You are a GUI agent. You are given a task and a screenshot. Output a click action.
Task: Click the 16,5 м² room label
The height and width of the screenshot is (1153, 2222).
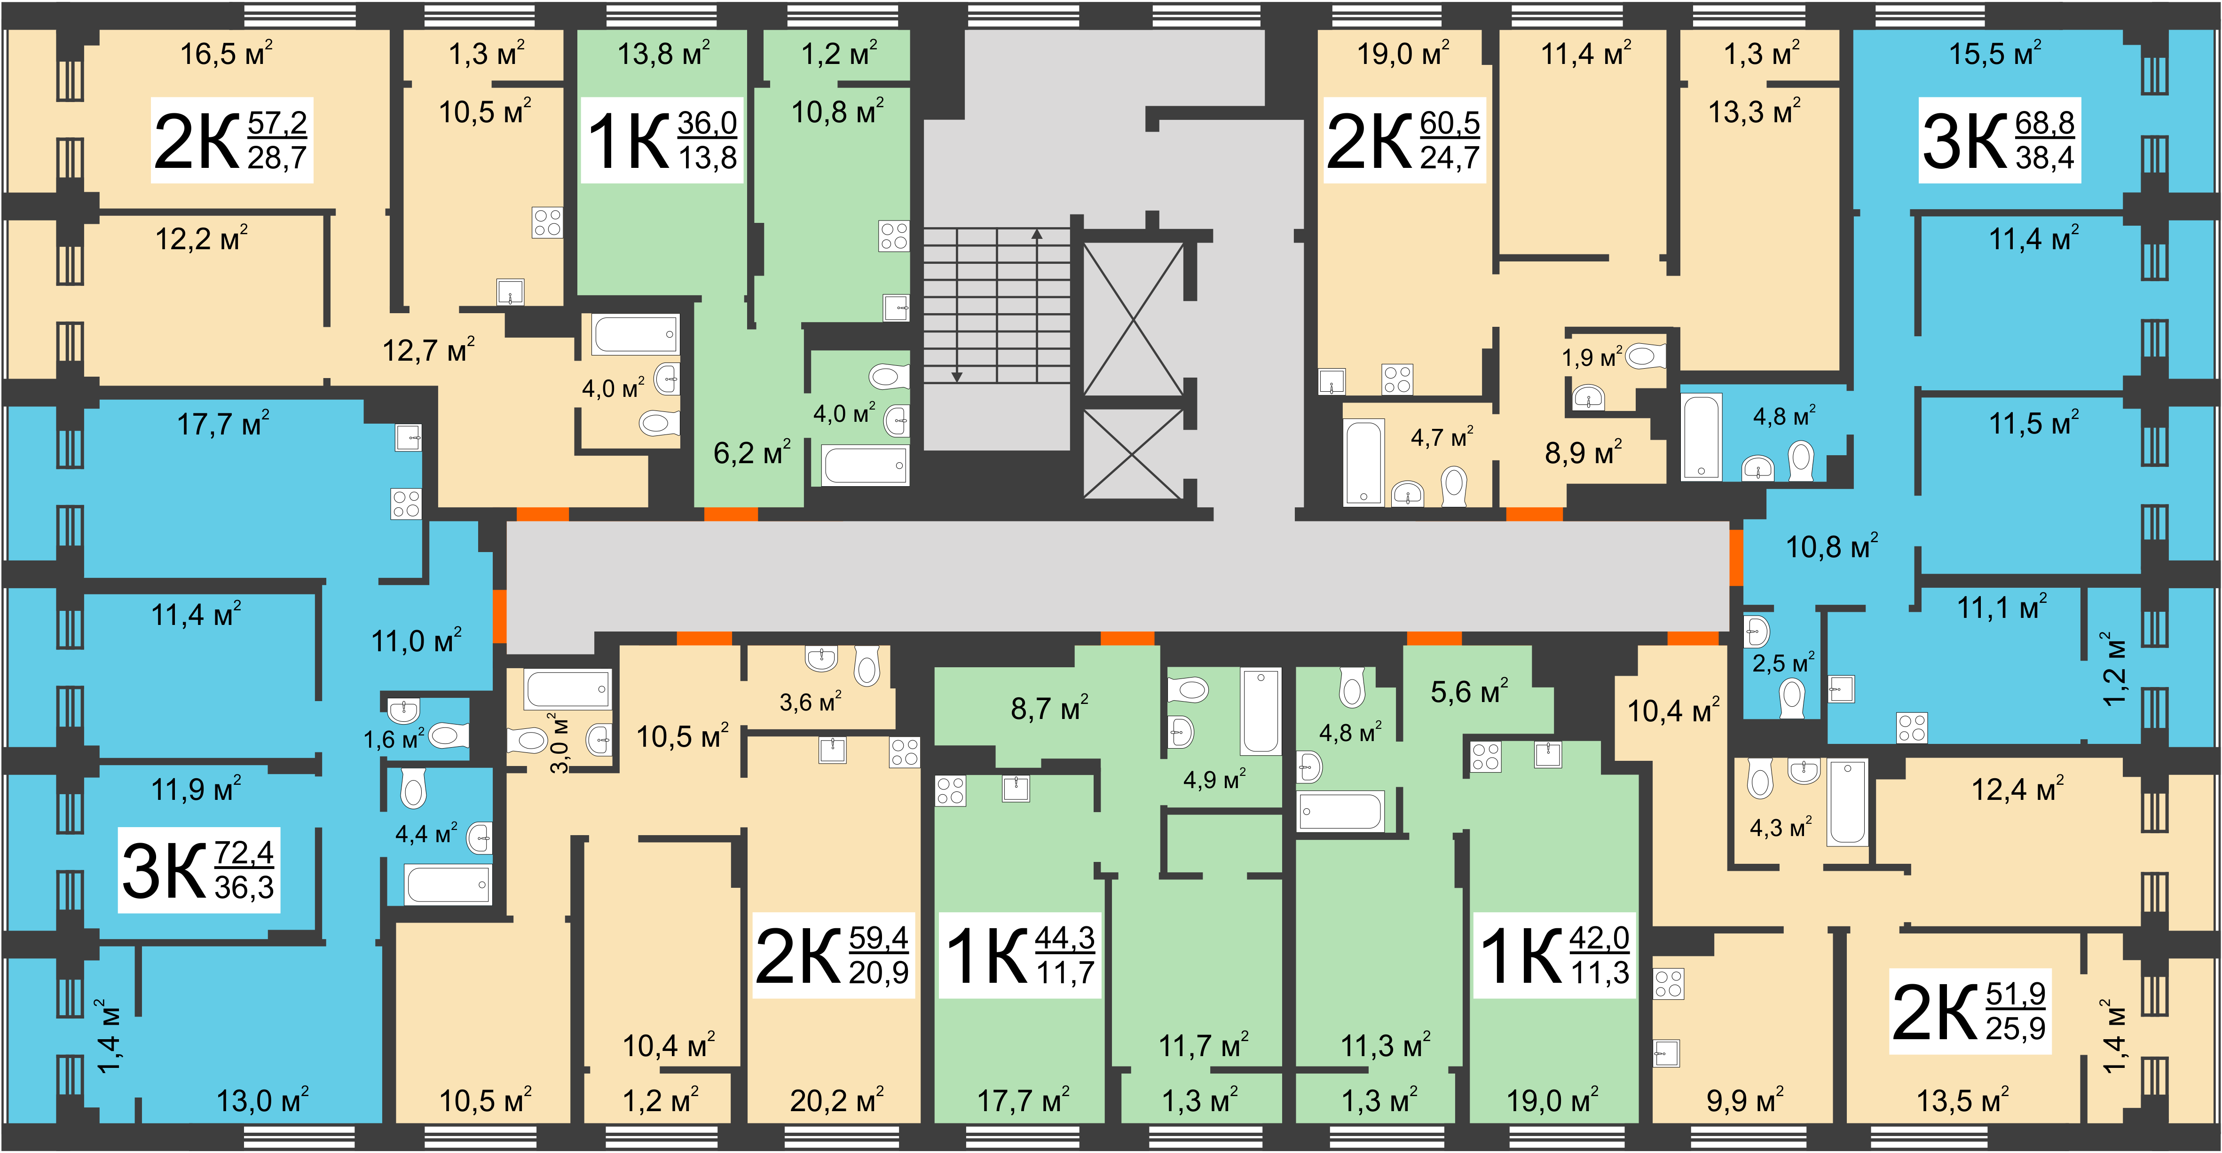[226, 54]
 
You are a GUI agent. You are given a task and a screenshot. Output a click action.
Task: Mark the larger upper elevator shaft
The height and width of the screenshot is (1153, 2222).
[1133, 319]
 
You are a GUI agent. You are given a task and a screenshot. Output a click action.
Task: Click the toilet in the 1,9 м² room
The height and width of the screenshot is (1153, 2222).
[1646, 355]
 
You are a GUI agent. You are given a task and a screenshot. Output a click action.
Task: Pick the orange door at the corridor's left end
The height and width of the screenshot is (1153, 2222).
[498, 616]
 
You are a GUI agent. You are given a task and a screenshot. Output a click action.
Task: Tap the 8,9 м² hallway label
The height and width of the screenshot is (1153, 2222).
[1583, 452]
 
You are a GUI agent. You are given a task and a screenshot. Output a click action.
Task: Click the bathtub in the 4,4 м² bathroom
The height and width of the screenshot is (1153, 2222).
[448, 884]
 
